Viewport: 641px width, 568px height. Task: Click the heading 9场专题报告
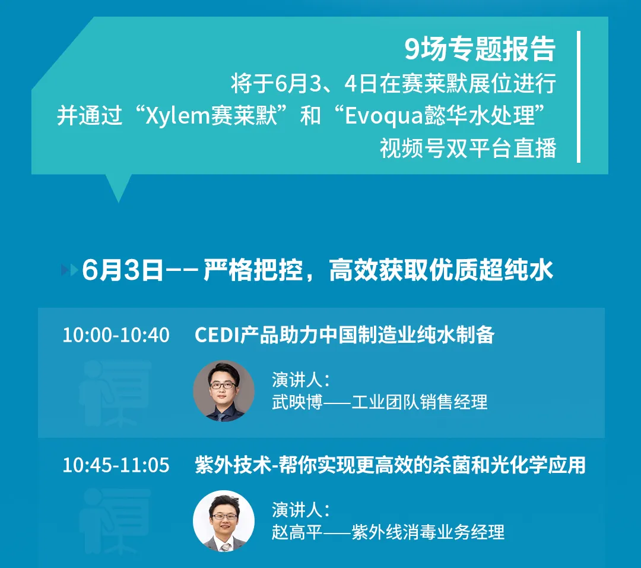point(480,49)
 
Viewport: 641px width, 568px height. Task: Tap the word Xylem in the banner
point(177,116)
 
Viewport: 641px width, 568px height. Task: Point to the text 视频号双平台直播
point(468,148)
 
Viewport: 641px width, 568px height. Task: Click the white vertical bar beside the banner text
point(579,97)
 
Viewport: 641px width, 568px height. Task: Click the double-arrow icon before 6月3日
point(69,270)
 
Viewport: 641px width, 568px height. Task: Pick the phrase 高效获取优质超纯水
point(441,270)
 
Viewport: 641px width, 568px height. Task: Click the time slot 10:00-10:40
point(116,335)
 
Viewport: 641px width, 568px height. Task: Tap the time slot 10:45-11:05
point(116,465)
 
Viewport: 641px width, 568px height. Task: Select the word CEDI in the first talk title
point(217,335)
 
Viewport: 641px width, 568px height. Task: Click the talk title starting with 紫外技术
point(390,465)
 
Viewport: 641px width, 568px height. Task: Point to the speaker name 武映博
point(297,402)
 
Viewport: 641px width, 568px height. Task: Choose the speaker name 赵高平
point(297,532)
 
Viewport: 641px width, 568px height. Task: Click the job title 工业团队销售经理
point(420,402)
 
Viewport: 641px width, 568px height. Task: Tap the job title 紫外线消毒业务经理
point(428,532)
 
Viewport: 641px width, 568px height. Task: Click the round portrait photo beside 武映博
point(224,391)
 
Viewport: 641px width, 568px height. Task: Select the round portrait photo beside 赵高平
point(224,521)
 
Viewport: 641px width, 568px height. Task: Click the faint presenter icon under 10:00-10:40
point(115,393)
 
